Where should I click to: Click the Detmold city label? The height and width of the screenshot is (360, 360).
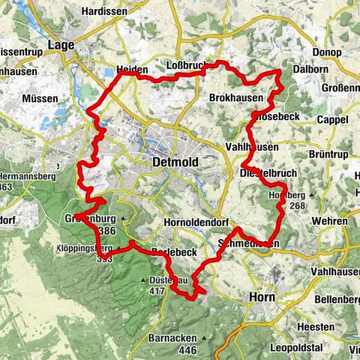175,161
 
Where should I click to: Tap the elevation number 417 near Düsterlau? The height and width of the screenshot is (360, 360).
157,289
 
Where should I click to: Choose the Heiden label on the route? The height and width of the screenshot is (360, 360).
132,70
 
